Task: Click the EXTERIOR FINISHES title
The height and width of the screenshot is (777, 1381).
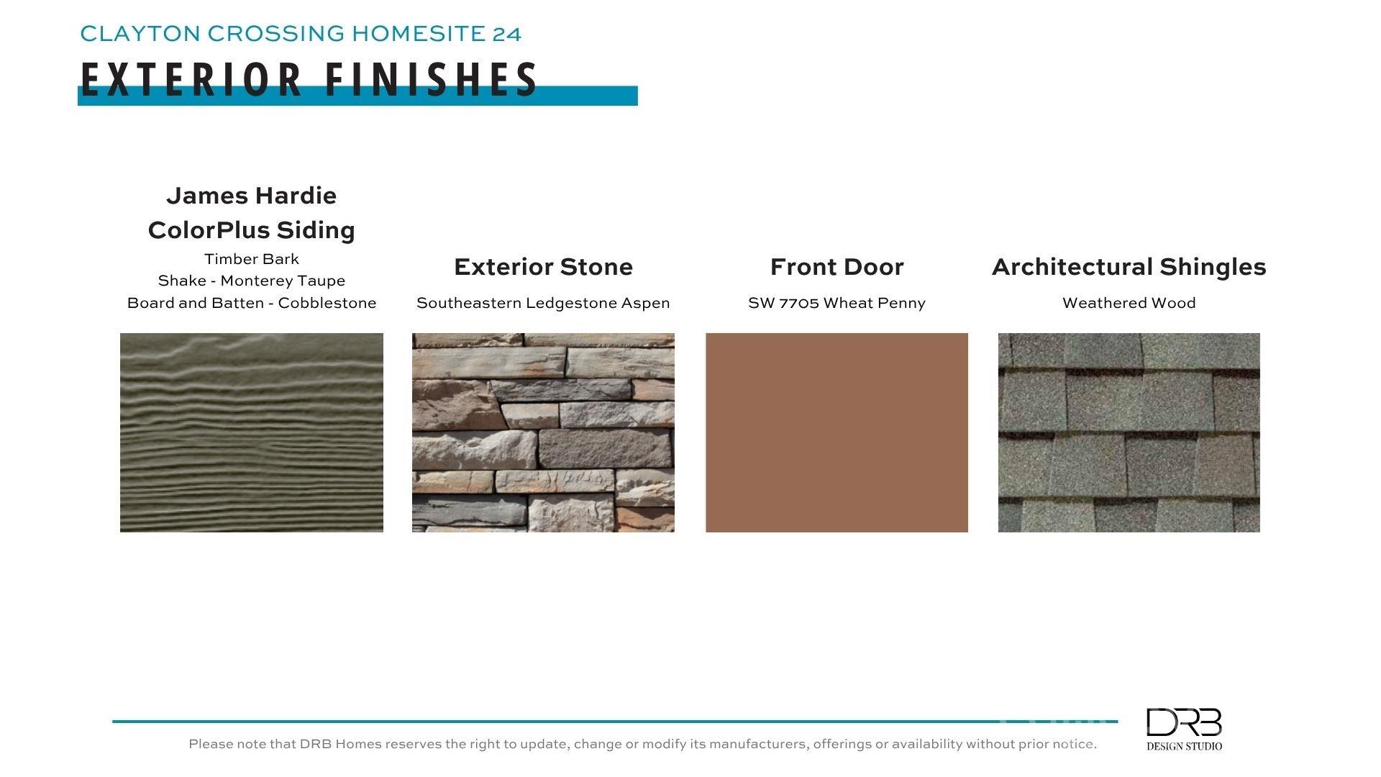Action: [309, 79]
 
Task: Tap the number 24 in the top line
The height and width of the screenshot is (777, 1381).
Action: [507, 34]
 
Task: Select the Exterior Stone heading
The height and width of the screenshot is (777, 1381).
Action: [544, 267]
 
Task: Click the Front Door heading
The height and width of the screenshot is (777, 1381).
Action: [837, 267]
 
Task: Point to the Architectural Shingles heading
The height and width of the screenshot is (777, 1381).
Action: [1129, 267]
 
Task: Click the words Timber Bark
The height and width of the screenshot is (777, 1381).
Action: [252, 259]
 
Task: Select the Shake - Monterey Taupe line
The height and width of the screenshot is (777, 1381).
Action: [252, 281]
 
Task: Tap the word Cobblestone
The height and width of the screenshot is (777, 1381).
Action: [327, 303]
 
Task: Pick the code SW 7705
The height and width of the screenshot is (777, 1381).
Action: [783, 303]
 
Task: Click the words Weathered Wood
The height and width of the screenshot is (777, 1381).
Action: [1129, 303]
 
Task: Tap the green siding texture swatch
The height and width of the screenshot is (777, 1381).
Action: [252, 432]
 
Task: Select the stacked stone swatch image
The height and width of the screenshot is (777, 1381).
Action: [543, 432]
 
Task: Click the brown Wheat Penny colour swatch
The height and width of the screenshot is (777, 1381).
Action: [837, 432]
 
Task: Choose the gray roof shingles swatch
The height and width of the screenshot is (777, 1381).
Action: [1129, 432]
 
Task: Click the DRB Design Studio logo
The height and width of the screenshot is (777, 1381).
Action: [1184, 729]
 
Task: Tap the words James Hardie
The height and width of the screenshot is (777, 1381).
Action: [252, 196]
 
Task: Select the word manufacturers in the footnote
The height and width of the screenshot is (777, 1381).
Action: [760, 744]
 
